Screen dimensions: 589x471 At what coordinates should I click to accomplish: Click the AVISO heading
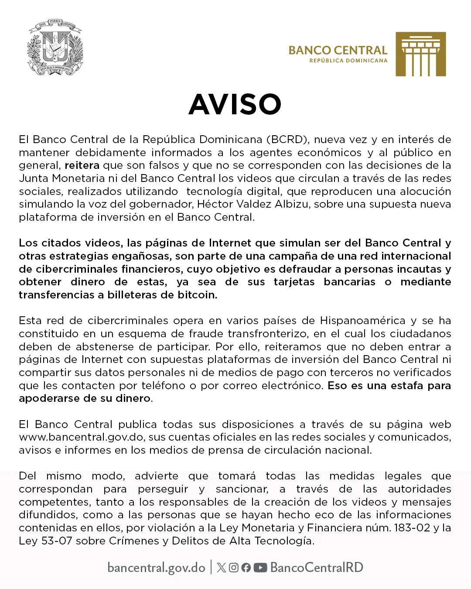point(235,104)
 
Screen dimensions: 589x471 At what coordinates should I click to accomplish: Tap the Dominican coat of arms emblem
point(55,47)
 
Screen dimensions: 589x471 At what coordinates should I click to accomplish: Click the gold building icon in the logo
point(420,54)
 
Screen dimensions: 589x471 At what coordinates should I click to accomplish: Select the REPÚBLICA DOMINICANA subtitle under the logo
point(348,61)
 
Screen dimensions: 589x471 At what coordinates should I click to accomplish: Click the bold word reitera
point(82,165)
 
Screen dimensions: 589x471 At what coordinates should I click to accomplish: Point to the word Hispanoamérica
point(362,321)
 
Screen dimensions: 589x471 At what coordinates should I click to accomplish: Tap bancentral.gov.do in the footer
point(156,568)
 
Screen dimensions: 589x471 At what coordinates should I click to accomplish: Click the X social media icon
point(221,568)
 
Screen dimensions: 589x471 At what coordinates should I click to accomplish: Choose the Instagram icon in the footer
point(234,568)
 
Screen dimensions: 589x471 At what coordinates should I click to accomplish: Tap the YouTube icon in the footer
point(260,568)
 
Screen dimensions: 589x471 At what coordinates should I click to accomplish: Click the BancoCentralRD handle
point(317,568)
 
